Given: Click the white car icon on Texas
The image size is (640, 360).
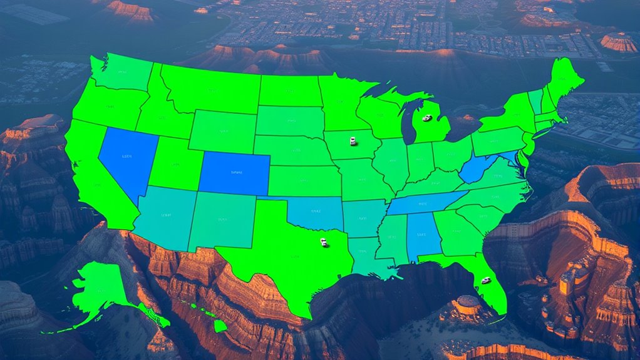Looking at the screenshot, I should (324, 242).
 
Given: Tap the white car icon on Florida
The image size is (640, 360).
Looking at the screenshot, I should (485, 280).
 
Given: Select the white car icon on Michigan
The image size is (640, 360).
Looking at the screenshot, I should (427, 118).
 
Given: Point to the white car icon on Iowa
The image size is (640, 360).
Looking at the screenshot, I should (353, 141).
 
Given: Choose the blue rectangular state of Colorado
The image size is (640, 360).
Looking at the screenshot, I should (234, 173).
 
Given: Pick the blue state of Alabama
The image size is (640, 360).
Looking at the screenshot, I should (423, 235).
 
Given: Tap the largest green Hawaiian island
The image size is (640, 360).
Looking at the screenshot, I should (220, 326).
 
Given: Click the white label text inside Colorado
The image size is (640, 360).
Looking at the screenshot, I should (236, 172).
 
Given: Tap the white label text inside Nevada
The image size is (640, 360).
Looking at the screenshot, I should (127, 156).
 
